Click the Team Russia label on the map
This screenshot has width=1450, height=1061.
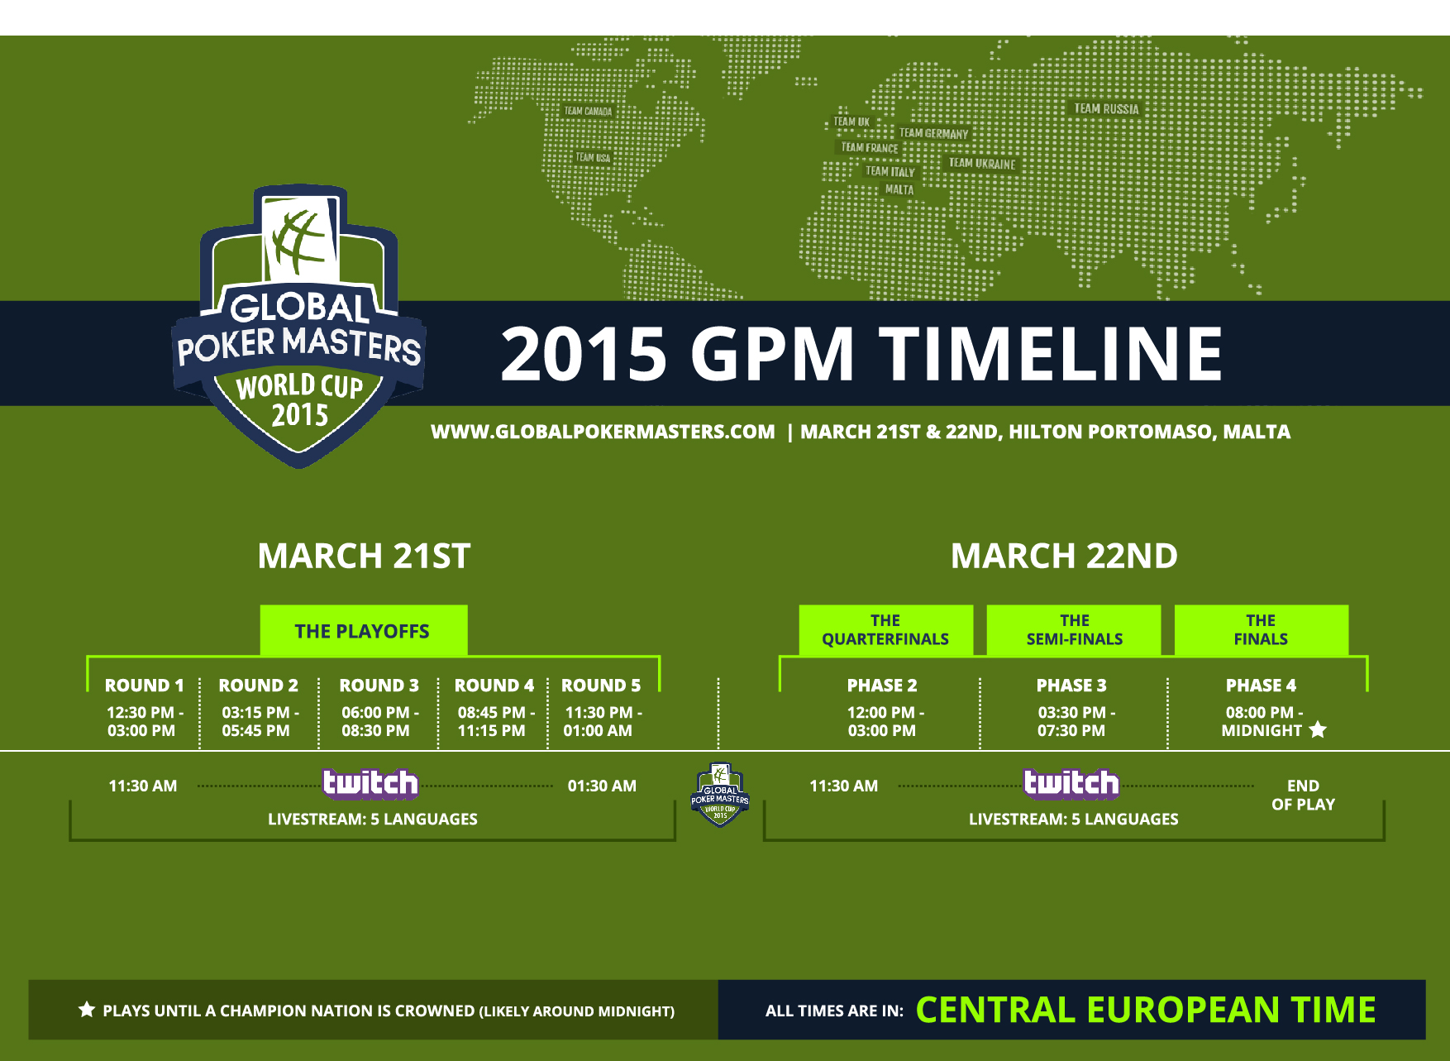tap(1106, 108)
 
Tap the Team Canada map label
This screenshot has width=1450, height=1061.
tap(588, 111)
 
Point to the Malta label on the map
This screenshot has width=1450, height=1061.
tap(899, 189)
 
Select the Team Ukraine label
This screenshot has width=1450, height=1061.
tap(982, 163)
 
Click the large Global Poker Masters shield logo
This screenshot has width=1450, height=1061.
tap(298, 325)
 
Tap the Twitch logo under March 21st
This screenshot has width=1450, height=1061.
tap(370, 783)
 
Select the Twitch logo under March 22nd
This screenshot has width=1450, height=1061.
tap(1071, 783)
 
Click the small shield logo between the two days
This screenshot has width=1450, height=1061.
tap(720, 795)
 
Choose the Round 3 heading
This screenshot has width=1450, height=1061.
tap(379, 686)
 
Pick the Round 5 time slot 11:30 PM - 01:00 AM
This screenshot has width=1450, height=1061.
tap(602, 721)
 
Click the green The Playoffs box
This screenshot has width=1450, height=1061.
tap(364, 631)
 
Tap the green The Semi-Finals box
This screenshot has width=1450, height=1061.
tap(1074, 630)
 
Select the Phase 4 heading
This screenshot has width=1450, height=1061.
tap(1261, 686)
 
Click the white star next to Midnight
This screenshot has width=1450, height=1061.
tap(1318, 729)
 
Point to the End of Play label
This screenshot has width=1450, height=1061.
tap(1303, 795)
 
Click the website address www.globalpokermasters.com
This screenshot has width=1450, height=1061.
tap(603, 432)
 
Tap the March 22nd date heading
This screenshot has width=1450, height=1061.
tap(1064, 556)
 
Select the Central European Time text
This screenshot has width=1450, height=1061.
tap(1146, 1010)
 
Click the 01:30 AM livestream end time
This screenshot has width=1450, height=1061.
tap(602, 786)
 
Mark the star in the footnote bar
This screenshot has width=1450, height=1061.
tap(87, 1009)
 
